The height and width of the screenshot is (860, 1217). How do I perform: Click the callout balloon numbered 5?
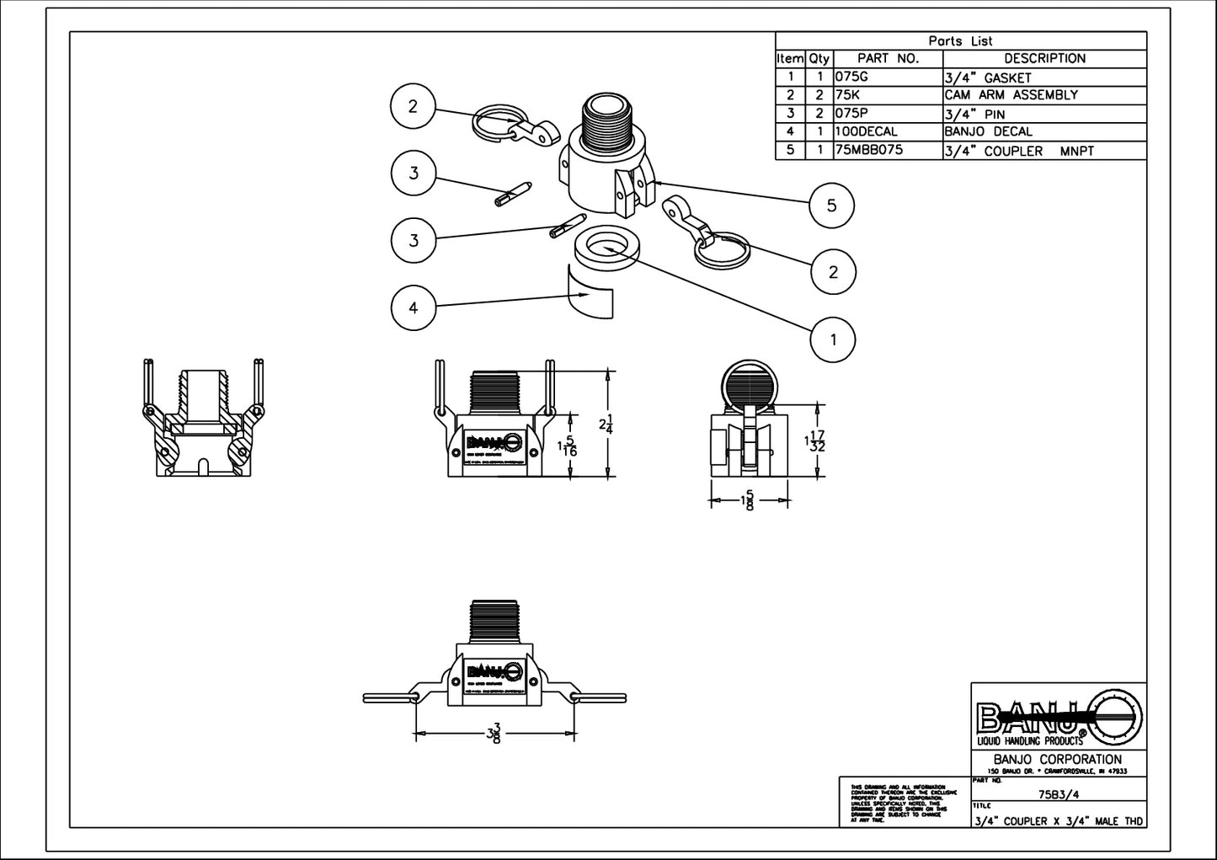[x=831, y=206]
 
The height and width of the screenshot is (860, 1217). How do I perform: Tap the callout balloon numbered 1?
[x=833, y=339]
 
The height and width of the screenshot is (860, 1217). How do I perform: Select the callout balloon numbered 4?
[x=414, y=307]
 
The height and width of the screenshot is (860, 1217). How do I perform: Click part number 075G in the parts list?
[x=851, y=77]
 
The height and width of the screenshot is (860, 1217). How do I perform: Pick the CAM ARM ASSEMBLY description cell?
[x=1011, y=95]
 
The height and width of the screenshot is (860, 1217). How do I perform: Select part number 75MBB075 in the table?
[x=867, y=151]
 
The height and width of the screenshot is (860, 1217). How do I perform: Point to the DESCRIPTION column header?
[x=1044, y=59]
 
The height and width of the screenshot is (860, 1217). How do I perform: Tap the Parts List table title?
[x=960, y=40]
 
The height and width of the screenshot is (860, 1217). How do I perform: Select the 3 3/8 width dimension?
[x=494, y=734]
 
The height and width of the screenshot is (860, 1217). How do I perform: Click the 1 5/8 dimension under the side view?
[x=747, y=502]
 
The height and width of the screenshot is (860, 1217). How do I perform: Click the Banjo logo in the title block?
[x=1059, y=718]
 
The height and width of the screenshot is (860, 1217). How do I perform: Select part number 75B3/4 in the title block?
[x=1059, y=793]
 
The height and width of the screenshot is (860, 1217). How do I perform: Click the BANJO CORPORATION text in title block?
[x=1058, y=760]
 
